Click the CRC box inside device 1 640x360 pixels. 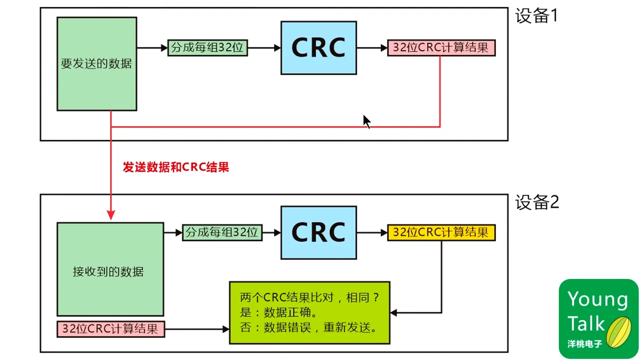(318, 47)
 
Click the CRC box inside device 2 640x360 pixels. (318, 232)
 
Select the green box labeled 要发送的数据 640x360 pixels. (96, 63)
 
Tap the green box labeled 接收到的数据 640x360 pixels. (110, 269)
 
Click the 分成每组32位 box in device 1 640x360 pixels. (207, 48)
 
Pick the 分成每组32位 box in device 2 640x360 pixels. (221, 232)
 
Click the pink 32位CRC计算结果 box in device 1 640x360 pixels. (440, 48)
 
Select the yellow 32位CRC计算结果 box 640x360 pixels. (440, 232)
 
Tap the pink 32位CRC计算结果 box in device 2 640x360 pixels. (110, 329)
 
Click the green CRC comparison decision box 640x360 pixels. (309, 312)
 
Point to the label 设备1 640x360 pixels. (536, 16)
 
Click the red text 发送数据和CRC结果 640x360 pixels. (176, 167)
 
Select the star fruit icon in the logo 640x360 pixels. (618, 327)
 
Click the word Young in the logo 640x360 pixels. (597, 299)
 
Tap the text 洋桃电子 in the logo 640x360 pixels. (584, 344)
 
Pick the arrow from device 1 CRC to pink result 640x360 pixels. (372, 48)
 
